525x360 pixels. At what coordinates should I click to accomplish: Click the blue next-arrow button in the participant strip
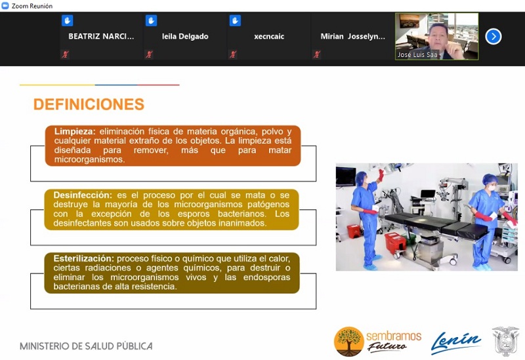pos(493,37)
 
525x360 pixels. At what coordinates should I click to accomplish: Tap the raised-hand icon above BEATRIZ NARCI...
pos(68,21)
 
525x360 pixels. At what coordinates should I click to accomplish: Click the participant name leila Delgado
pos(185,37)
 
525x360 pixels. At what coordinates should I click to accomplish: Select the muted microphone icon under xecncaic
pos(233,54)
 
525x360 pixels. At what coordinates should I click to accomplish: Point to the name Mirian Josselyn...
pos(353,37)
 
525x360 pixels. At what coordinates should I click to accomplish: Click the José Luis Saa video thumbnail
pos(436,37)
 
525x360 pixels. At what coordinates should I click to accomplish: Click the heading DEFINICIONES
pos(89,104)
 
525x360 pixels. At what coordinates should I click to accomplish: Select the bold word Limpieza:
pos(75,132)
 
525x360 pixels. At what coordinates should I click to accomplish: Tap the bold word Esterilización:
pos(84,258)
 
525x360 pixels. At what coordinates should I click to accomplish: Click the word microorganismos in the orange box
pos(89,159)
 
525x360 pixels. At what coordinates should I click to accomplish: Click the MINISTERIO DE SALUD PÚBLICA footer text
pos(86,346)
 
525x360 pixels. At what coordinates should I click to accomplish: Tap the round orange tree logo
pos(349,342)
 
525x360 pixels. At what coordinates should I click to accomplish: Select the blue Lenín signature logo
pos(455,342)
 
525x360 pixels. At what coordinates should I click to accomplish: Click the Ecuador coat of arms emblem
pos(505,341)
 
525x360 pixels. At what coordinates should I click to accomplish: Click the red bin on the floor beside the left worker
pos(354,231)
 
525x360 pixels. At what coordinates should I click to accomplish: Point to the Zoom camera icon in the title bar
pos(5,6)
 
